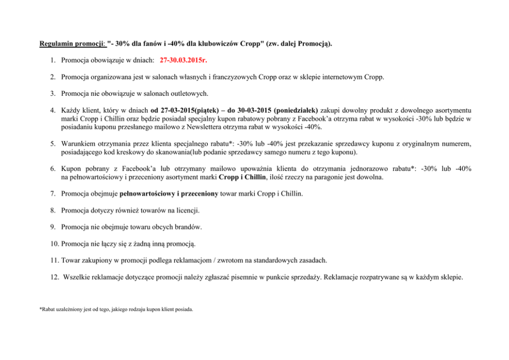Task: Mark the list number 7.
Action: click(x=53, y=194)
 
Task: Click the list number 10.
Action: click(x=54, y=244)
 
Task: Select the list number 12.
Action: click(x=54, y=277)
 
